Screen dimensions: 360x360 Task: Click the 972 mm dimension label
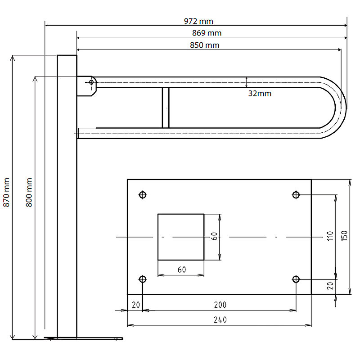pyautogui.click(x=198, y=21)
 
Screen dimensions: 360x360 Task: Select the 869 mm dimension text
pyautogui.click(x=207, y=33)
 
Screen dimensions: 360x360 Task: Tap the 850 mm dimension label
pyautogui.click(x=205, y=45)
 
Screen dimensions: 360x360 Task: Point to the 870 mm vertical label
pyautogui.click(x=6, y=193)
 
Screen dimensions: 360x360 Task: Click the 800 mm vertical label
pyautogui.click(x=29, y=193)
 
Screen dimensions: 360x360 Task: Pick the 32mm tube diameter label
pyautogui.click(x=260, y=94)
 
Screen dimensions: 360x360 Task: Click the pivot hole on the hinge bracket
pyautogui.click(x=91, y=82)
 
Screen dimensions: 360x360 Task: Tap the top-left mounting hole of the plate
pyautogui.click(x=143, y=195)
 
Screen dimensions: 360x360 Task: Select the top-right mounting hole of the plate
pyautogui.click(x=296, y=195)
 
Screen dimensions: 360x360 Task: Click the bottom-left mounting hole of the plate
pyautogui.click(x=143, y=279)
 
